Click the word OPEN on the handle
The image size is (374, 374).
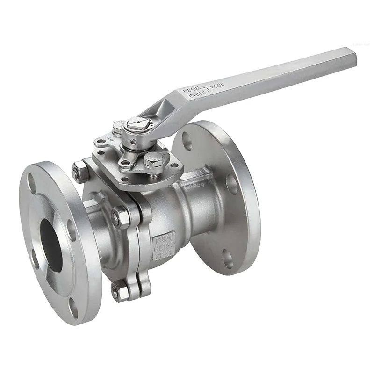192,88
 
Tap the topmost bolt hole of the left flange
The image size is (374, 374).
32,183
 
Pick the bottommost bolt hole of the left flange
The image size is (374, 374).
73,307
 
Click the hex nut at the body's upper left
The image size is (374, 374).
80,172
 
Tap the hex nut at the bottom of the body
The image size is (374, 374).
121,292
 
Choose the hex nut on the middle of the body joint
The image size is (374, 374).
121,217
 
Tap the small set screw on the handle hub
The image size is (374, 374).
133,142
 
